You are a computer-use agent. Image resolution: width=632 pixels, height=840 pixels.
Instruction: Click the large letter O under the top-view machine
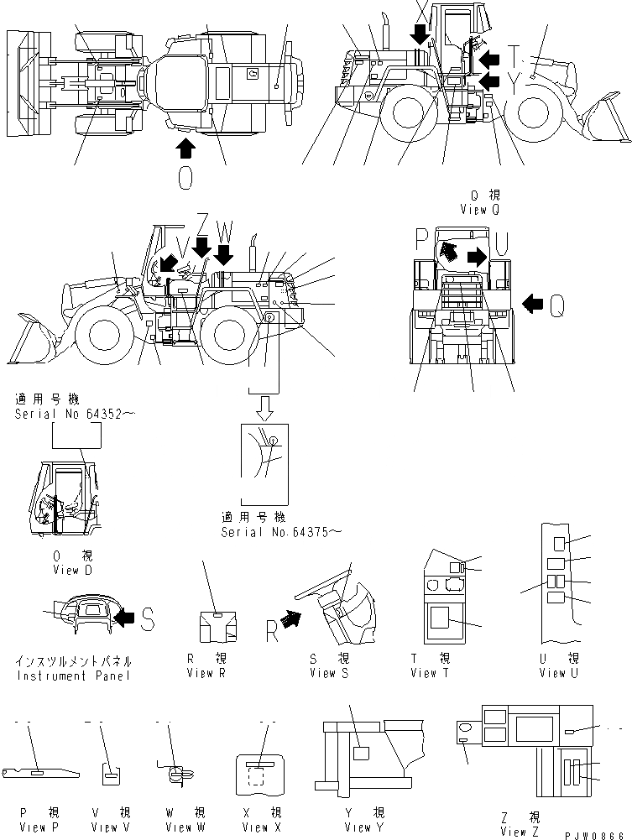point(185,179)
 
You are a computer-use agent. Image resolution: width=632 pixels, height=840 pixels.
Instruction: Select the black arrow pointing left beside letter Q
point(532,305)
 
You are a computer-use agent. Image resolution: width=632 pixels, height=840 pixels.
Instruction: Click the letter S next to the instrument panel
point(147,619)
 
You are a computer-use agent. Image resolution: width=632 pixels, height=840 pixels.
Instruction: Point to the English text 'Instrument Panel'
point(73,676)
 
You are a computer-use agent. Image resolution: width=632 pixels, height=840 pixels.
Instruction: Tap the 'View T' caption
point(430,673)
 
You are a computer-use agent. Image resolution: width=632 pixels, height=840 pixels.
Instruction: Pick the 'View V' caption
point(105,827)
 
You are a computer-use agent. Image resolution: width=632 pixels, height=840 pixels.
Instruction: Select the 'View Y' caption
point(358,827)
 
